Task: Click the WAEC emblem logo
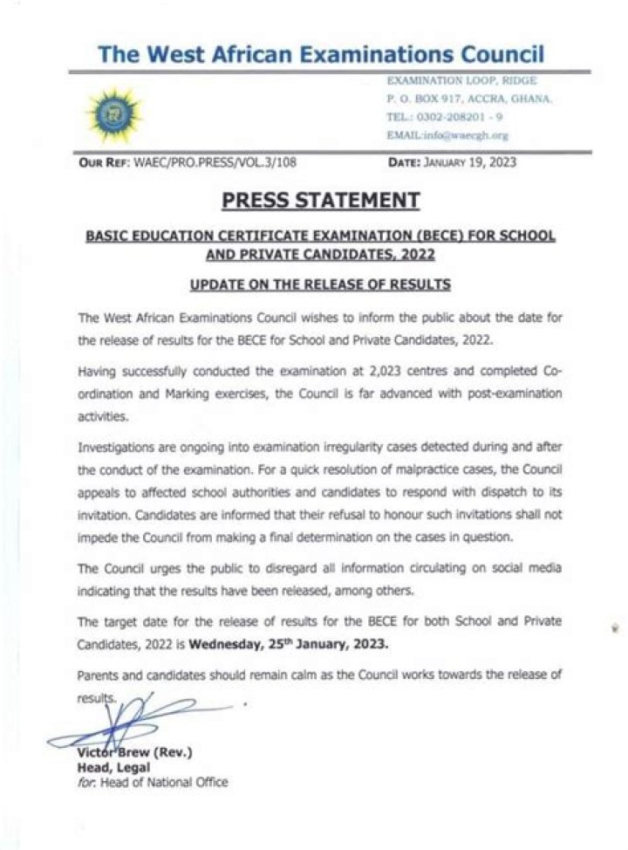click(111, 111)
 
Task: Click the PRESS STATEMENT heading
click(320, 202)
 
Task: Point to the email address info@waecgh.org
click(447, 135)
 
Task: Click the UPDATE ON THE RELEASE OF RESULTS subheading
click(319, 284)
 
